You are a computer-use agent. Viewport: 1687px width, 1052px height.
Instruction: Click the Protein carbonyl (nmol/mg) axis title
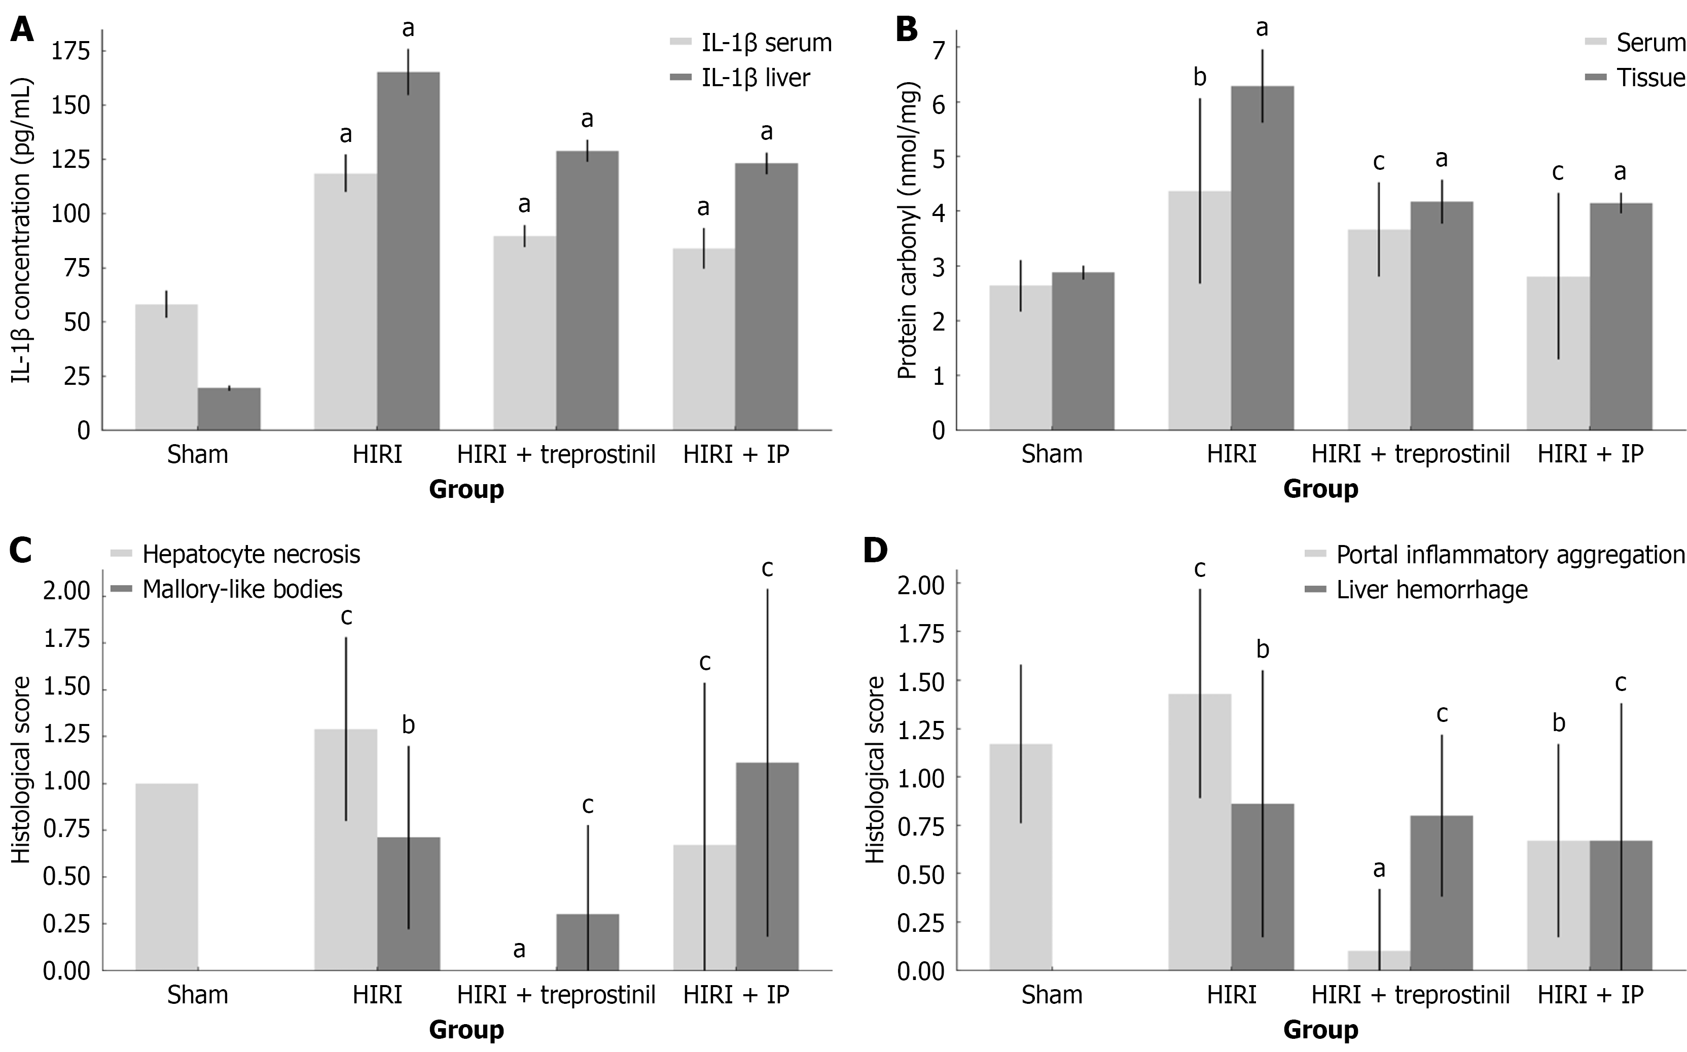coord(907,230)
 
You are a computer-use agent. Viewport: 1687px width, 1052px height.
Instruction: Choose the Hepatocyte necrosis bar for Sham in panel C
coord(166,877)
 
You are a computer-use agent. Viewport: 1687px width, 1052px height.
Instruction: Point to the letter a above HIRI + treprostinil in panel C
coord(519,949)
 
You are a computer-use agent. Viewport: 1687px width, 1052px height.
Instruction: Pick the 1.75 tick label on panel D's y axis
coord(920,633)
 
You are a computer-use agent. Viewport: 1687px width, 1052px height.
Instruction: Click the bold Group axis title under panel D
coord(1320,1030)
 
